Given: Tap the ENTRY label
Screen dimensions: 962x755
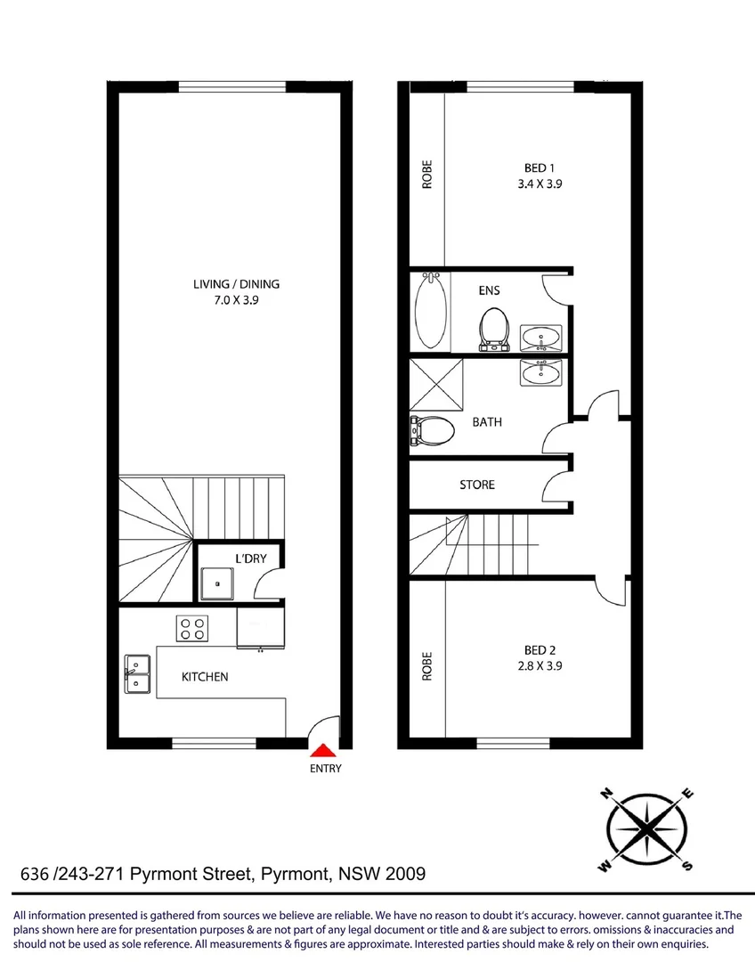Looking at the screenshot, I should [325, 769].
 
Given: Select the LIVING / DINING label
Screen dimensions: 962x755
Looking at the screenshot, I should [236, 284].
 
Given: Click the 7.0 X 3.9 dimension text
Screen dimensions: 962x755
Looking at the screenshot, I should [236, 301].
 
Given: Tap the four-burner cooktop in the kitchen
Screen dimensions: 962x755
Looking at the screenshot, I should [193, 628].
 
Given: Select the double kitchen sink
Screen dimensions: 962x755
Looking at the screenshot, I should [137, 674].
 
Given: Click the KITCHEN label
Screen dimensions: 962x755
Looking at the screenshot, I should [205, 677].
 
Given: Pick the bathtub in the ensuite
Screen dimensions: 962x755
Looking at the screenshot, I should [429, 312].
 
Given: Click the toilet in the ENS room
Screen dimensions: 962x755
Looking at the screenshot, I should [491, 328].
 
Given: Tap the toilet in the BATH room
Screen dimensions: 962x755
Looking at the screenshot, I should [433, 431].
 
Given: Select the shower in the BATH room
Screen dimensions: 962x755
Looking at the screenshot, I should [436, 384].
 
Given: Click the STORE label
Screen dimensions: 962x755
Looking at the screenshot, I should [477, 485].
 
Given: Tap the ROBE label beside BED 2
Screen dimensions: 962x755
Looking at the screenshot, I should [427, 666].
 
